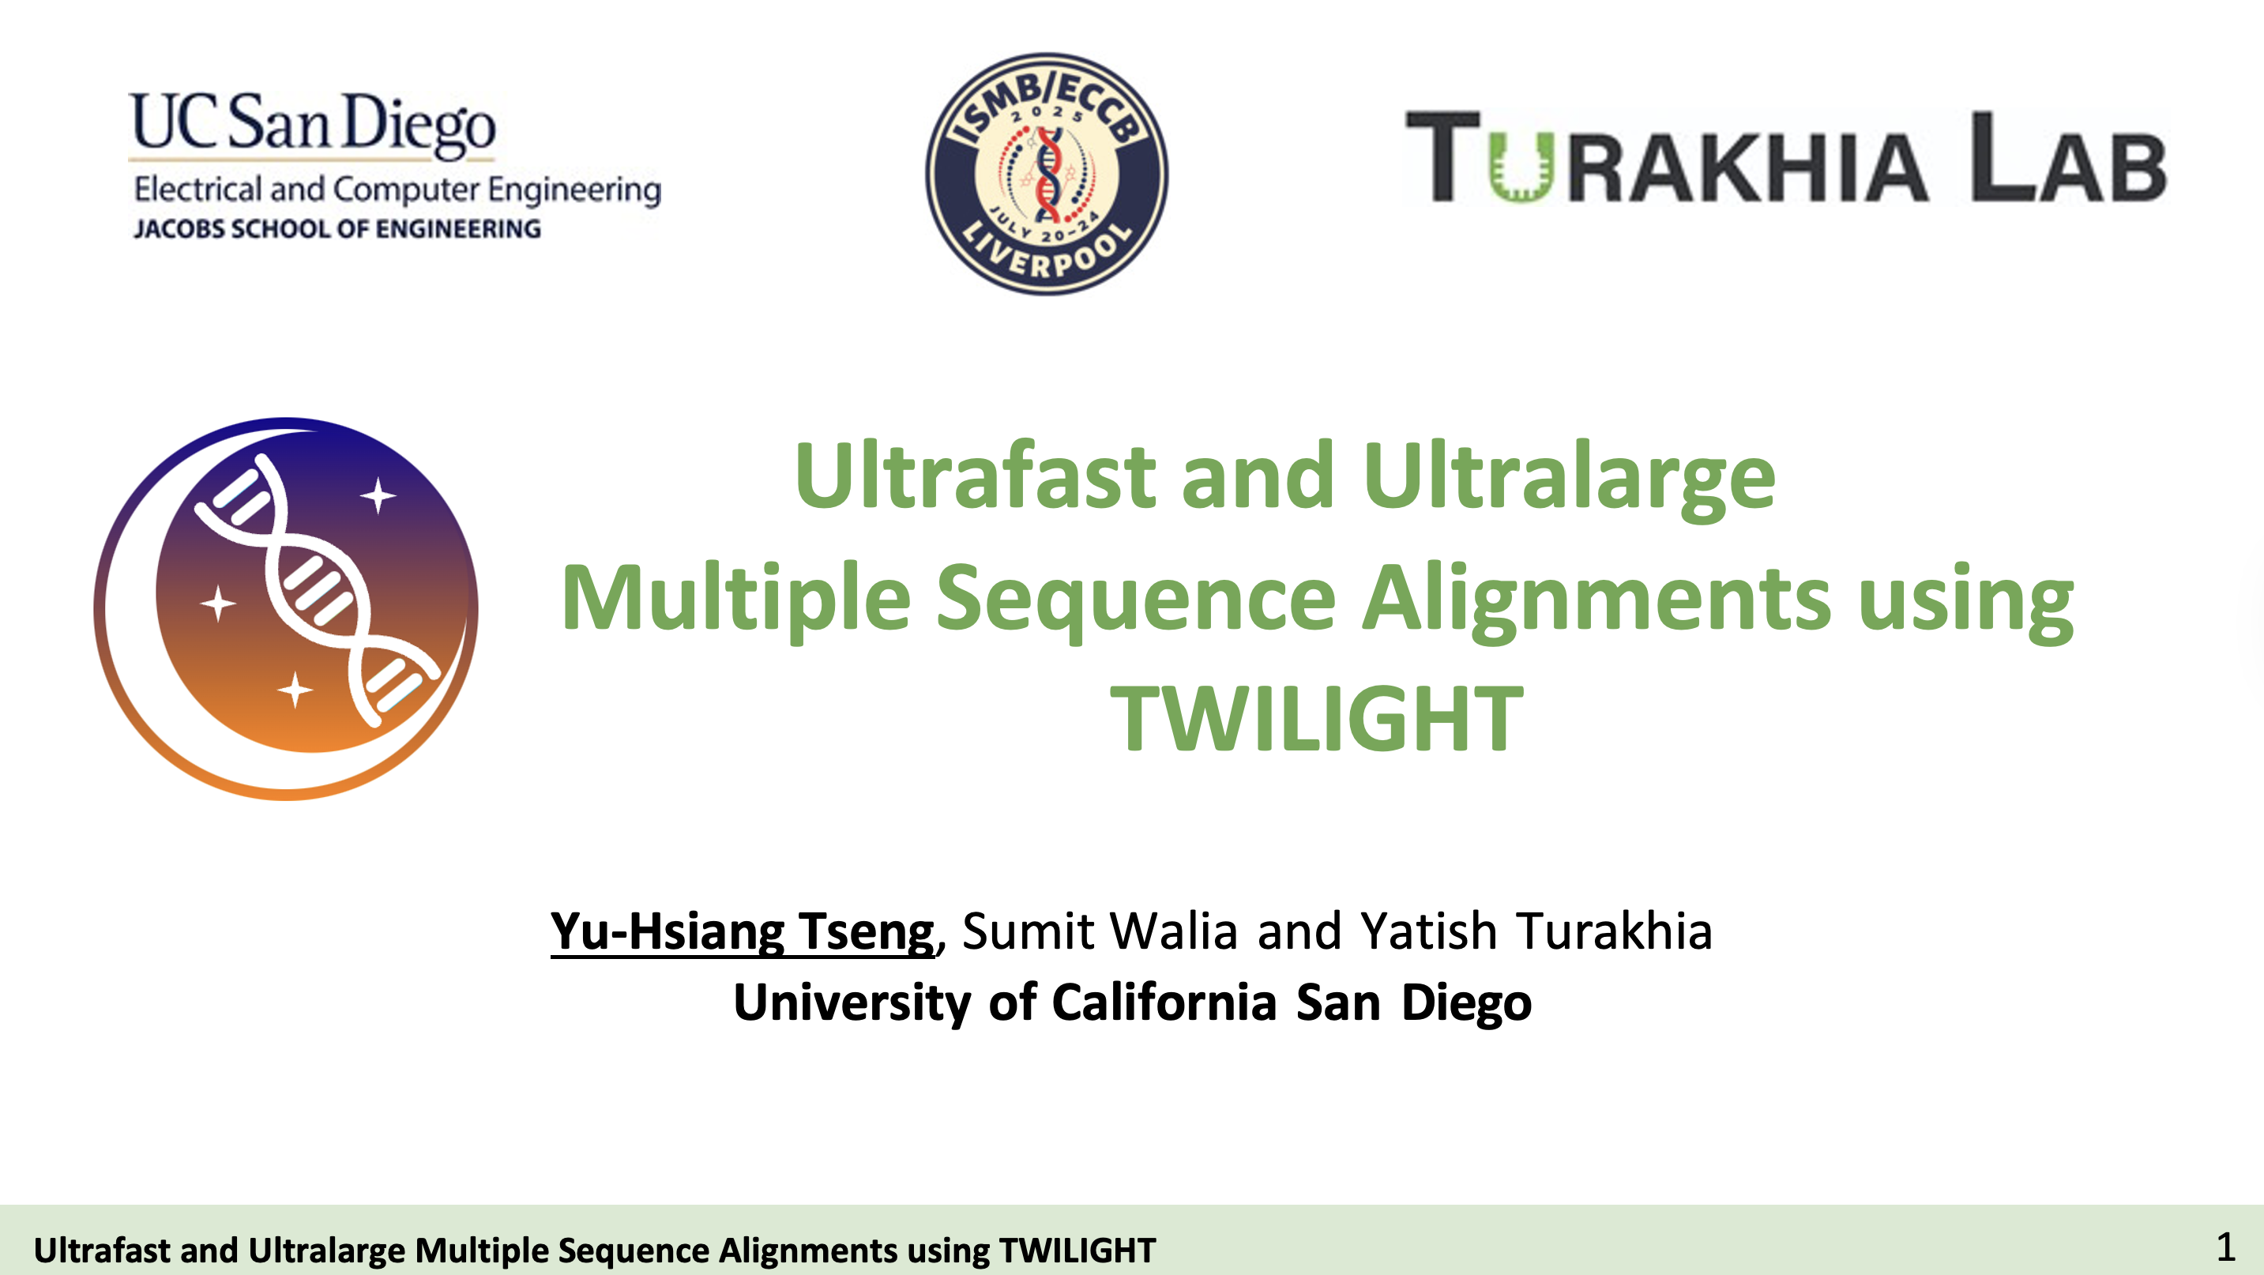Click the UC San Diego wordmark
[313, 125]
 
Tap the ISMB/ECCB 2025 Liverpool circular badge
[1047, 174]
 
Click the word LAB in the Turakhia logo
[2068, 157]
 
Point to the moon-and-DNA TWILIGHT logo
[286, 608]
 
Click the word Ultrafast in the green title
[976, 476]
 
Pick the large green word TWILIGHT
[1317, 719]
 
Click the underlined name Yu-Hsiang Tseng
[743, 932]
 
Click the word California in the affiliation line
[1164, 1002]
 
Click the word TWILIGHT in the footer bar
[1077, 1251]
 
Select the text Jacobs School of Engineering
[337, 229]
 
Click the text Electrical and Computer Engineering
[397, 190]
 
